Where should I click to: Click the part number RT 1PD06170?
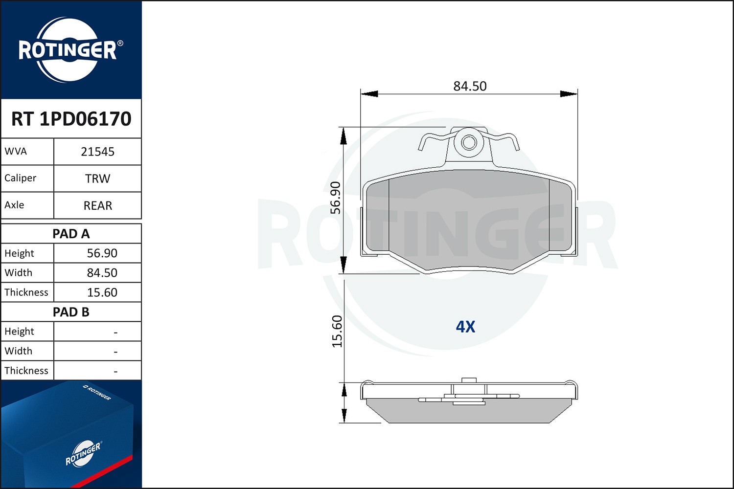tap(71, 119)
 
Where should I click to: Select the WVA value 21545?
tap(97, 152)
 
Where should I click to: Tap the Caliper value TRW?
tap(97, 178)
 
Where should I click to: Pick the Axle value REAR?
tap(97, 205)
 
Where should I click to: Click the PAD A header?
tap(71, 234)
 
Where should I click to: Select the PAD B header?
tap(71, 312)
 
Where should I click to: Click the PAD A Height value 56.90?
tap(102, 253)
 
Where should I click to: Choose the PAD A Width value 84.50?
tap(102, 273)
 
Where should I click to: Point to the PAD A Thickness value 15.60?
tap(102, 292)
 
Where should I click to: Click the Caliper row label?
tap(21, 178)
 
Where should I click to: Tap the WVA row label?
tap(16, 151)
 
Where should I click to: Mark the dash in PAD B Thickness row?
tap(115, 372)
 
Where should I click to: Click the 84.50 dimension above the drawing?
tap(470, 86)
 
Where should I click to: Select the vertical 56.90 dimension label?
tap(336, 198)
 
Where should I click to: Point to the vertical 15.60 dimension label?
tap(337, 331)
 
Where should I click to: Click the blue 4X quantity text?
tap(465, 327)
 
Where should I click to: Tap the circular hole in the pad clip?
tap(469, 142)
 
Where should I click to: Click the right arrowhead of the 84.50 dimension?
tap(569, 94)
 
